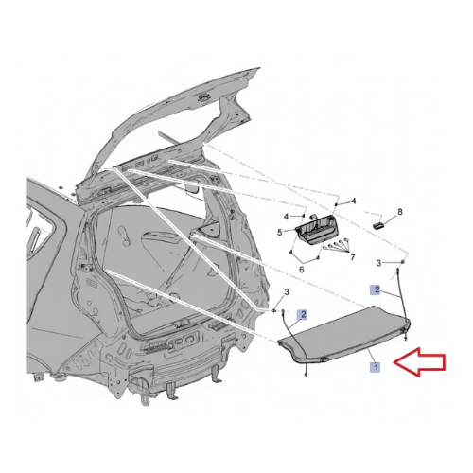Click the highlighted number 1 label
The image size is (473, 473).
pyautogui.click(x=376, y=367)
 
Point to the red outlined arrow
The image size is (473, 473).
pyautogui.click(x=419, y=361)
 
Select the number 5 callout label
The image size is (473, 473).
pyautogui.click(x=280, y=233)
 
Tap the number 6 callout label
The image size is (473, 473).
pyautogui.click(x=302, y=270)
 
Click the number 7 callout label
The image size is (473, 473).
pyautogui.click(x=353, y=257)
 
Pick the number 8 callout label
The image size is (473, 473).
pyautogui.click(x=400, y=212)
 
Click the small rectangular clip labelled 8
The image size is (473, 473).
pyautogui.click(x=377, y=224)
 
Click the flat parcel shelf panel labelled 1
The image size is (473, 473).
pyautogui.click(x=343, y=334)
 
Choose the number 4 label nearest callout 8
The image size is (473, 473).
pyautogui.click(x=354, y=201)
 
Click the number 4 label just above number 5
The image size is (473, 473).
pyautogui.click(x=286, y=217)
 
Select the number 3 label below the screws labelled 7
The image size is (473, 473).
pyautogui.click(x=378, y=263)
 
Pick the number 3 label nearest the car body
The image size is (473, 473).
pyautogui.click(x=287, y=292)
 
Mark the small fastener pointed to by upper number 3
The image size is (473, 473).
pyautogui.click(x=403, y=261)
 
